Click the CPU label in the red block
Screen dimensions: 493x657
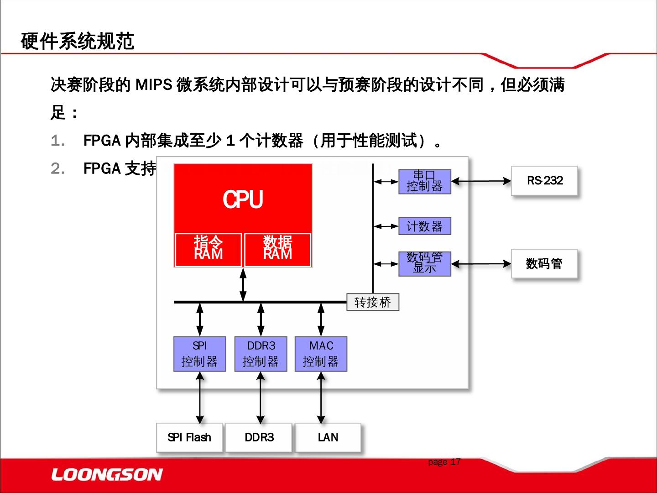243,199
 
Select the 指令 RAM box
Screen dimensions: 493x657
208,249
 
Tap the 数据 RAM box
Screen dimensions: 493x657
278,249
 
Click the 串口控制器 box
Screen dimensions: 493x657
424,182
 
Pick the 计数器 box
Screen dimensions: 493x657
424,226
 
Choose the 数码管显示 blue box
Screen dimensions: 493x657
424,264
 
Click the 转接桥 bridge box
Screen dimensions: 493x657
372,302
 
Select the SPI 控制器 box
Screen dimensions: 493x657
200,354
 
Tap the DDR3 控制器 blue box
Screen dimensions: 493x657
261,354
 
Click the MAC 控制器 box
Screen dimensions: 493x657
321,354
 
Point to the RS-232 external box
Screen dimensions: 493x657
544,181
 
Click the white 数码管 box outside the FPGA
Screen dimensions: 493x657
544,264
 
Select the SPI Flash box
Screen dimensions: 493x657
189,437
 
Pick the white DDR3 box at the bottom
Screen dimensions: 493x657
259,437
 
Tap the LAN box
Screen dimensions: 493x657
328,437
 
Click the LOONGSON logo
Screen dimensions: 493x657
107,475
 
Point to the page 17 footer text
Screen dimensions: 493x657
444,462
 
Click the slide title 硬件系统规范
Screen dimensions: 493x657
78,42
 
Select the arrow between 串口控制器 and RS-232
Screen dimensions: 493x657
481,181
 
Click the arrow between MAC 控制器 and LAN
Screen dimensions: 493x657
321,397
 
